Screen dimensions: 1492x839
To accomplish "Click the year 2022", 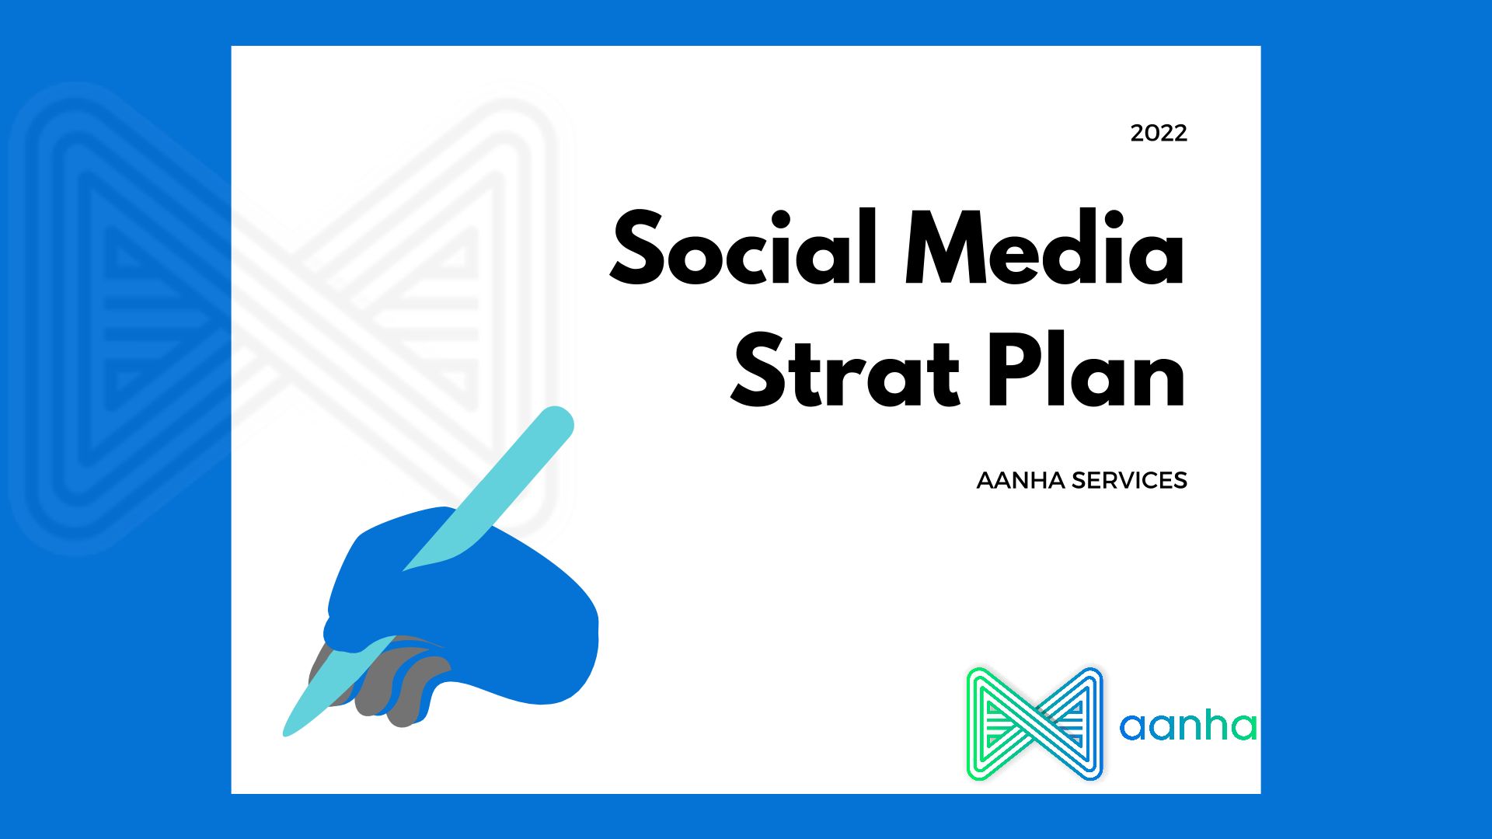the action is (1159, 134).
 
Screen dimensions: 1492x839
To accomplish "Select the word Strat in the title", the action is (845, 371).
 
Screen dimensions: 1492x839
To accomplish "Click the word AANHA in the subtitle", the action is (1020, 481).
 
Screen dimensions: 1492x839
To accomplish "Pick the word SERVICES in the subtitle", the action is (1129, 481).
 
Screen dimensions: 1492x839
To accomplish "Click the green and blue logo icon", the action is (1035, 723).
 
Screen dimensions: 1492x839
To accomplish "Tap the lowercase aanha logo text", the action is (1188, 726).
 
